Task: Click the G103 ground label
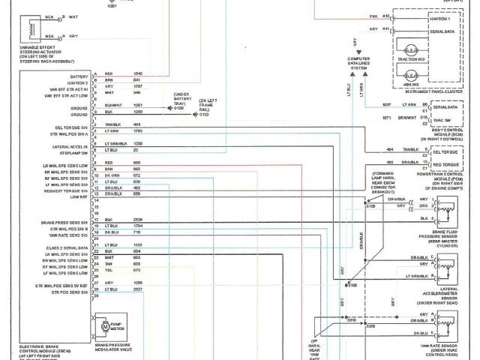(203, 114)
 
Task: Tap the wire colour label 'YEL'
(109, 270)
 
